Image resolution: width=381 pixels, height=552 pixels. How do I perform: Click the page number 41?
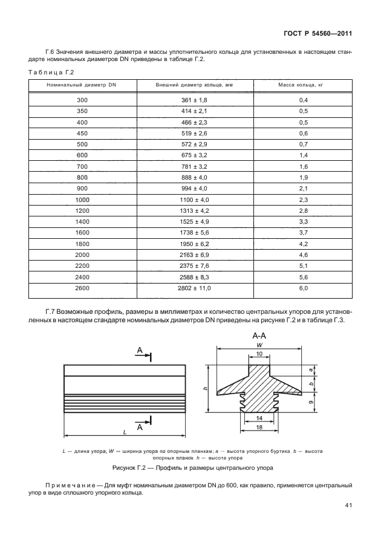point(349,505)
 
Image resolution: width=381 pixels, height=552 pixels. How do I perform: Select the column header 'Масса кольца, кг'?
point(304,86)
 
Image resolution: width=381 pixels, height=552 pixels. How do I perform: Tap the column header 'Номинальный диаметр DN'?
point(82,86)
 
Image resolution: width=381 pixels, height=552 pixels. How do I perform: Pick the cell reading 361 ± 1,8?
point(194,100)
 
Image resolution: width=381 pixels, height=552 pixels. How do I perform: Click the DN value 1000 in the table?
point(82,216)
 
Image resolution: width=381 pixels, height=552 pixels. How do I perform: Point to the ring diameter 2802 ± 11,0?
point(194,289)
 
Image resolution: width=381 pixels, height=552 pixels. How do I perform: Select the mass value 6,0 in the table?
point(304,289)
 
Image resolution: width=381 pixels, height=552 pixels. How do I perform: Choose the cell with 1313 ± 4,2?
point(194,227)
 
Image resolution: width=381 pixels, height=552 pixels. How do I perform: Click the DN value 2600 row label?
point(82,289)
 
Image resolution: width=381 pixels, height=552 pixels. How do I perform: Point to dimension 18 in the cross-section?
point(258,427)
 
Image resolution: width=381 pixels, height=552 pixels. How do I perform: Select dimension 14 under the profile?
point(258,418)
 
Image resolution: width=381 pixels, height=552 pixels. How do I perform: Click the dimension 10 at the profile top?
point(259,354)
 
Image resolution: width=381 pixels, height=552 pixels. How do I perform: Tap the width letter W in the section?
point(259,345)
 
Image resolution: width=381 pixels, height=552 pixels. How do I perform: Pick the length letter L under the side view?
point(123,432)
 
